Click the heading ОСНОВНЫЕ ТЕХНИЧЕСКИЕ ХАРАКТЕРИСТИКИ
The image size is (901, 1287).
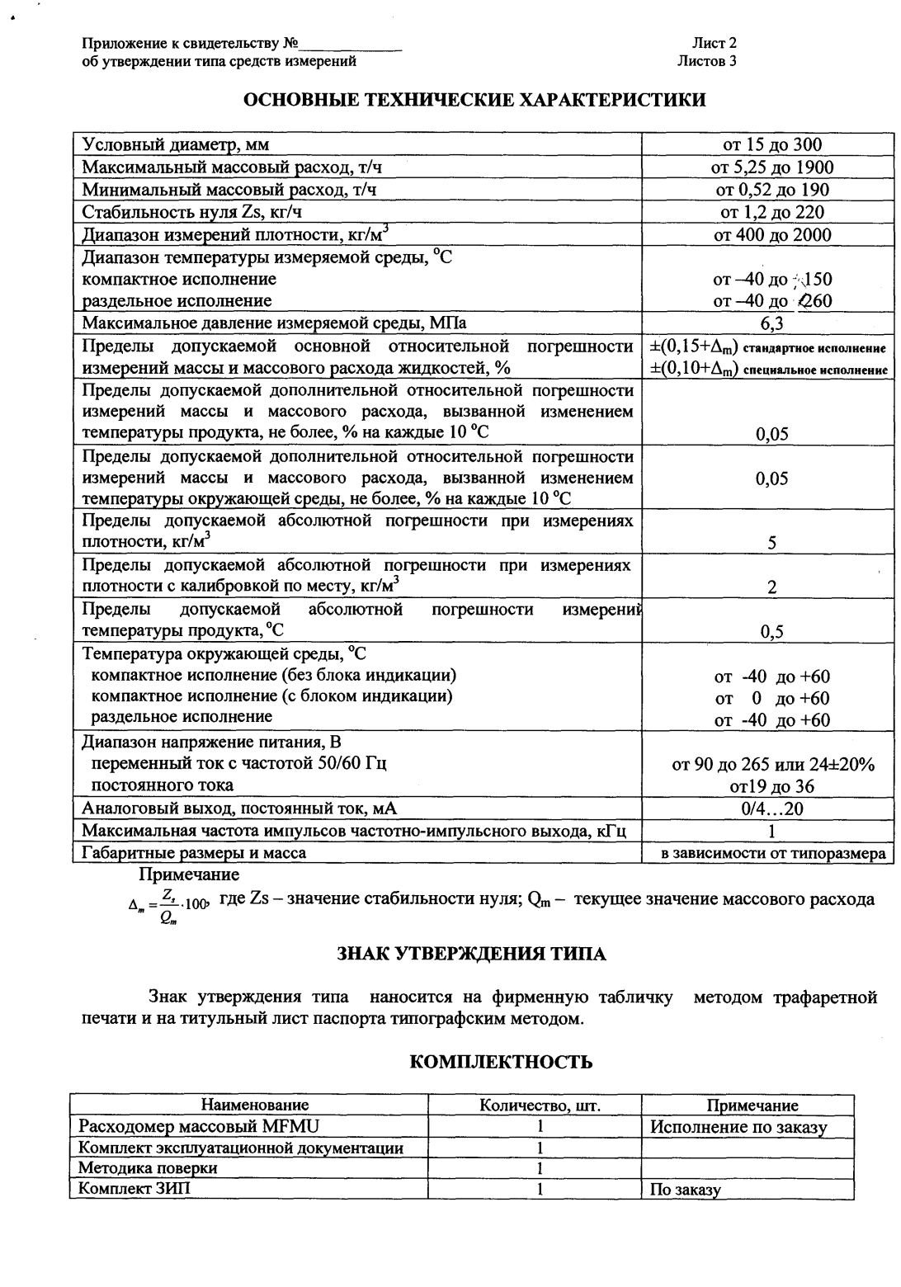pos(474,101)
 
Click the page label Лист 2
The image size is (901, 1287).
pos(714,45)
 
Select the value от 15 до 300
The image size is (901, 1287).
pos(771,145)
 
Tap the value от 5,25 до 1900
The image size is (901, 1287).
pos(771,167)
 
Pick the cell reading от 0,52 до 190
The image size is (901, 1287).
pos(771,190)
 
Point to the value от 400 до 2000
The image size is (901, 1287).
pos(771,235)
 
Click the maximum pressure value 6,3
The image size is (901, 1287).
pos(771,323)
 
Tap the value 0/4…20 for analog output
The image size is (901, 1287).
pos(771,808)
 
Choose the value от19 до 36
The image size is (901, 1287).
pos(771,786)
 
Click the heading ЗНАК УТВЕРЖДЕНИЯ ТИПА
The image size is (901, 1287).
pos(471,955)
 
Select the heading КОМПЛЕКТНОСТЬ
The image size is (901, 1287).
pos(501,1061)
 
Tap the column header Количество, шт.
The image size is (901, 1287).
pos(540,1105)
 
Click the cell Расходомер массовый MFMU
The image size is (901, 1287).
pos(199,1126)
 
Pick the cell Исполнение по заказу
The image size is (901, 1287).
pos(738,1127)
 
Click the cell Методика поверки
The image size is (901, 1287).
pos(148,1168)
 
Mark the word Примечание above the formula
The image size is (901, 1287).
pos(189,874)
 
